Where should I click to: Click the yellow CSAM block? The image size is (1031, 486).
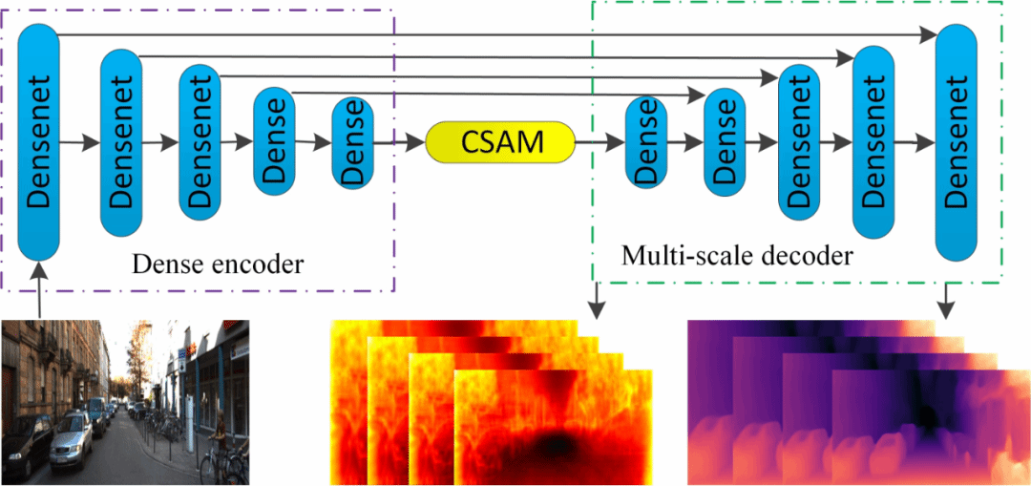(x=500, y=142)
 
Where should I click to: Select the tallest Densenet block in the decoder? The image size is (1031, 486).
(x=957, y=142)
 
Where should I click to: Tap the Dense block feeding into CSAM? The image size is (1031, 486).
(x=352, y=142)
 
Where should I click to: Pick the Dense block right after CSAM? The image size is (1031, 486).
(x=645, y=142)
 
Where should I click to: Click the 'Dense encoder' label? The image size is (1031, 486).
(x=217, y=264)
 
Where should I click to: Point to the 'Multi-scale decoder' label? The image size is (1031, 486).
(x=736, y=256)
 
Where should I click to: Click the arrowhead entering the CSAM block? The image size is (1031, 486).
(x=416, y=142)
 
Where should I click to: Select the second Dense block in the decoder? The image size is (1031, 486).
(x=723, y=142)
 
